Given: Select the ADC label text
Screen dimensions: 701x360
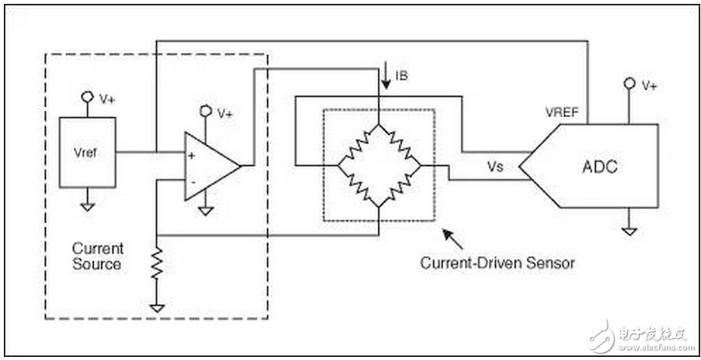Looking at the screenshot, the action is click(x=600, y=167).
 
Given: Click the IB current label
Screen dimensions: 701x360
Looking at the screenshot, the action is click(x=401, y=76).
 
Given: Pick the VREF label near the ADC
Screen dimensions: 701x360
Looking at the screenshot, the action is click(x=562, y=112).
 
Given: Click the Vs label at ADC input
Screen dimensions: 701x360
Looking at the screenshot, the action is click(x=496, y=167).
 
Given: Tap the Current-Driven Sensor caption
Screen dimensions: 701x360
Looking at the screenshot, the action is click(x=497, y=262).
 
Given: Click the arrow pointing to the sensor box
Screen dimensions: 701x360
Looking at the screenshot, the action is click(x=453, y=240).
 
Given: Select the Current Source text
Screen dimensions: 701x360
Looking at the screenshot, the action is click(x=97, y=256).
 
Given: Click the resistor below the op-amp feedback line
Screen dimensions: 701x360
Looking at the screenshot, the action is click(x=157, y=264).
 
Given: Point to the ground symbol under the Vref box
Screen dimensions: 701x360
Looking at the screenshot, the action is click(x=88, y=206).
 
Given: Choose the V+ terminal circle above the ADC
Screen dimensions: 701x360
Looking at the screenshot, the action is click(x=630, y=83).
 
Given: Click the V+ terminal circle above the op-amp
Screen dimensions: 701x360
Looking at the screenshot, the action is click(x=206, y=110).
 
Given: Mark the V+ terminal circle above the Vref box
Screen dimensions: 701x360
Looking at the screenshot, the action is click(x=87, y=97).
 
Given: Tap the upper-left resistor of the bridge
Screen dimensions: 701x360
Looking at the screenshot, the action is click(x=358, y=145).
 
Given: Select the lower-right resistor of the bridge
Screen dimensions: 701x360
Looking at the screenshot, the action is click(x=400, y=187).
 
